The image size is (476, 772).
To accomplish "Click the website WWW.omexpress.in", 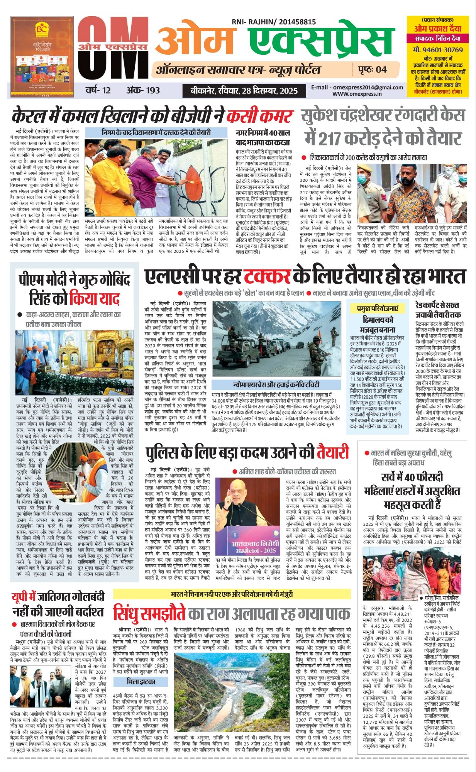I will (357, 94).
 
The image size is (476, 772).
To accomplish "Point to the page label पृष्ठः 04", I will (372, 69).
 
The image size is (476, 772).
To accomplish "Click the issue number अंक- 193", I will (143, 90).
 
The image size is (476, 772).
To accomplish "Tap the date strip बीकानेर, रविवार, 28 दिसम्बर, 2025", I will (244, 91).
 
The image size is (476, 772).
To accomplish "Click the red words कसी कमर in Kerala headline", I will (260, 116).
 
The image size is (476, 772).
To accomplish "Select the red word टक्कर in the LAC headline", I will (267, 277).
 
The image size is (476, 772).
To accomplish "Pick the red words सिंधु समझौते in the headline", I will (149, 613).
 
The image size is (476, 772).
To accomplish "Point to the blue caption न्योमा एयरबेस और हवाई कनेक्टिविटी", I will (276, 385).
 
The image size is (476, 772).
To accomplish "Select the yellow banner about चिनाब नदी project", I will (232, 594).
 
